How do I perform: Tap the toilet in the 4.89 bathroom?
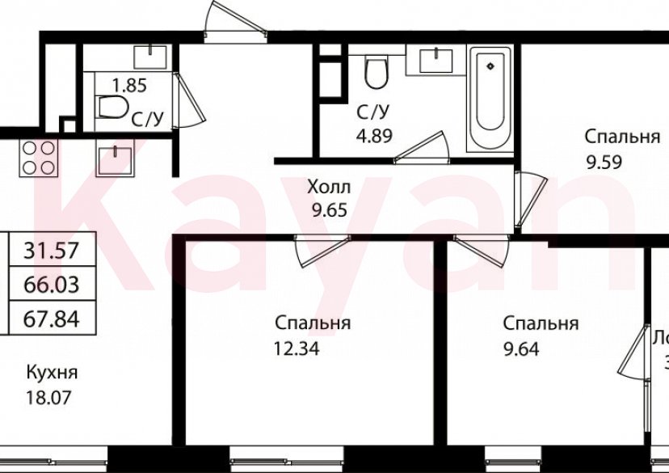pyautogui.click(x=376, y=73)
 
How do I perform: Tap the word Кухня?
pyautogui.click(x=52, y=373)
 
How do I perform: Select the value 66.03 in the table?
pyautogui.click(x=51, y=284)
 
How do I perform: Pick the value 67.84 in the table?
pyautogui.click(x=51, y=318)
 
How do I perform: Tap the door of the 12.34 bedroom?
pyautogui.click(x=322, y=250)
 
